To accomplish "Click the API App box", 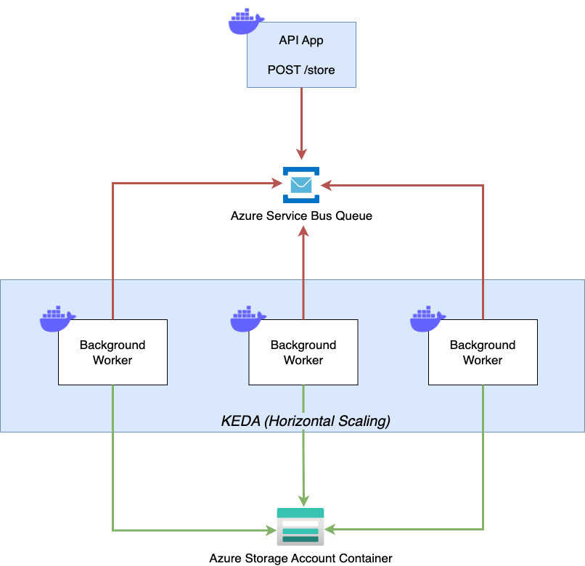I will pos(301,54).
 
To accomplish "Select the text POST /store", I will pos(301,70).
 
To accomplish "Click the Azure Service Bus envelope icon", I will pos(300,185).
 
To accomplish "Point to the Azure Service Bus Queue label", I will pos(301,216).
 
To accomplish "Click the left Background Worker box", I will pos(112,352).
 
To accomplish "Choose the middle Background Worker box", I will pos(303,352).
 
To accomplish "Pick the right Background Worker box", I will pos(483,352).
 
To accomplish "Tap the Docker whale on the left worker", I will pos(57,319).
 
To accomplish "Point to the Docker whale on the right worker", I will pos(427,319).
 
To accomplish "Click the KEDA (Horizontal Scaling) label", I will pos(305,421).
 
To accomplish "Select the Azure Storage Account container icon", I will pos(300,527).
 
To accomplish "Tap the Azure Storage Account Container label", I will pos(300,558).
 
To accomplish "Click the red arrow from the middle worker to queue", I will pos(303,276).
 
